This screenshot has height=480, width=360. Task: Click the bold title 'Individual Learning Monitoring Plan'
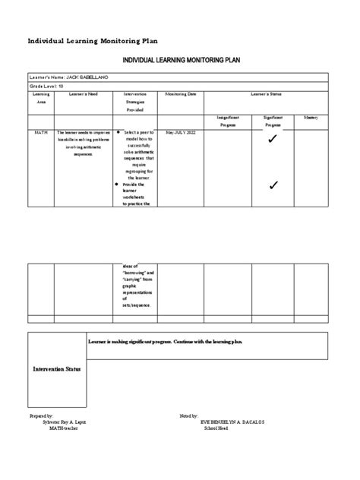tap(93, 40)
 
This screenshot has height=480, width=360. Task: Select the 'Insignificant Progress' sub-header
tap(229, 122)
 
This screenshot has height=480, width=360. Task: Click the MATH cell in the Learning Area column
tap(41, 131)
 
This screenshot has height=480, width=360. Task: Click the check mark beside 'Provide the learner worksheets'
tap(273, 185)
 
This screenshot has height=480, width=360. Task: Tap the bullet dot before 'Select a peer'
tap(119, 131)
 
